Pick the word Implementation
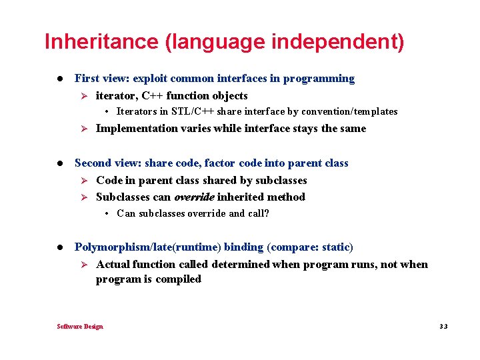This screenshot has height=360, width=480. point(137,129)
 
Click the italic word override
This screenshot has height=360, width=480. point(193,197)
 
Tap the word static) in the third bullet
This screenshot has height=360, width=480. point(337,247)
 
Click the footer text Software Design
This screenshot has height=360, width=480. point(80,327)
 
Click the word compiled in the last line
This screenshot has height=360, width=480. point(178,279)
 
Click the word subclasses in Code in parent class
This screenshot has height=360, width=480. point(280,180)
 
